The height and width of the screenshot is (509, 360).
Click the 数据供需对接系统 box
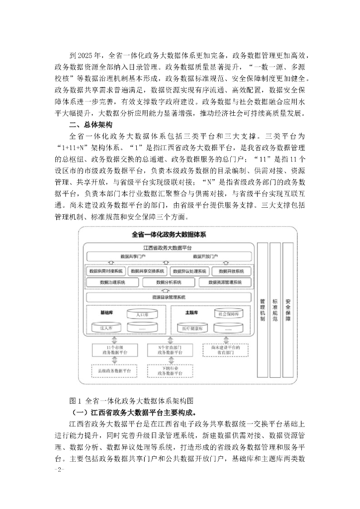(x=104, y=271)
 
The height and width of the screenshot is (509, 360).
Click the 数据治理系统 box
(x=112, y=282)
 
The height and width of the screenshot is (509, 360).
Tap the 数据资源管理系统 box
(x=225, y=282)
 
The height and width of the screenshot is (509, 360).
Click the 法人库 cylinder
(x=104, y=328)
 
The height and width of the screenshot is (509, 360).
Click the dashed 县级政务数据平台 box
(x=113, y=370)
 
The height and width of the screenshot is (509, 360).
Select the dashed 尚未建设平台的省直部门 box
(x=226, y=350)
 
